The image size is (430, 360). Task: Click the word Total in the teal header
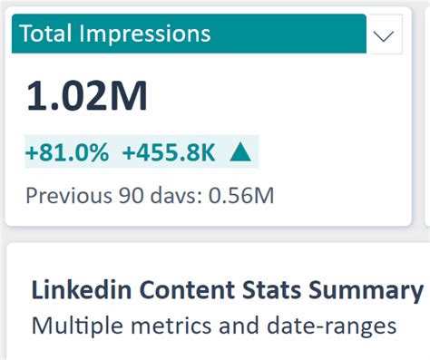click(x=44, y=34)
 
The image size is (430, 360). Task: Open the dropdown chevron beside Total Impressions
click(x=385, y=36)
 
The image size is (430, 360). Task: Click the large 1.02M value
click(x=87, y=97)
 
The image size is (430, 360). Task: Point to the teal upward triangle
click(x=239, y=151)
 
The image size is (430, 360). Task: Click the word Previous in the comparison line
click(x=63, y=194)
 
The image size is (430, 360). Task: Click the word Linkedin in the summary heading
click(x=73, y=291)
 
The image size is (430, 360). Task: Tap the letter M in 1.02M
click(x=126, y=97)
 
